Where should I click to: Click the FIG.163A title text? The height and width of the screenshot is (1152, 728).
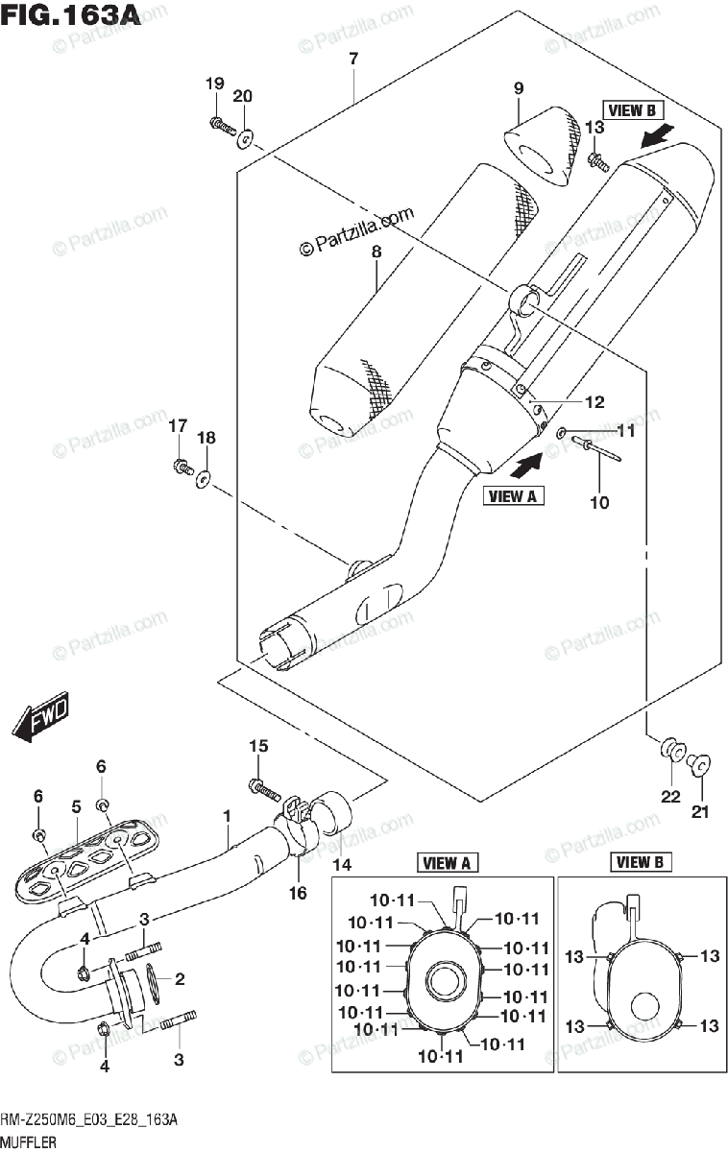click(71, 16)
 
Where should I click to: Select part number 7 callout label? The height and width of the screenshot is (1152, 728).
click(353, 60)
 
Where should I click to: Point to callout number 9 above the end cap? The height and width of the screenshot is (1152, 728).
click(518, 88)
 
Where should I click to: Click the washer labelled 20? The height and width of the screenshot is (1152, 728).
click(246, 139)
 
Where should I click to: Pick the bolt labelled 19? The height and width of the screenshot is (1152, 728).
click(220, 124)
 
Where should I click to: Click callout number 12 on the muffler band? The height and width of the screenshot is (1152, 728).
click(595, 403)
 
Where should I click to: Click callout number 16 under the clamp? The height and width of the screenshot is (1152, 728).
click(298, 893)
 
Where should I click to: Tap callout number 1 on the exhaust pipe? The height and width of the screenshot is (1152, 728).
click(227, 817)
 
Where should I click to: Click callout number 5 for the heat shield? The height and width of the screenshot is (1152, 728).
click(76, 808)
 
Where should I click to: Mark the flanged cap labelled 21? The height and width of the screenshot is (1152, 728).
click(699, 764)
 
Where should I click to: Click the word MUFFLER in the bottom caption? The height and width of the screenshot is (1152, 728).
click(28, 1142)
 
